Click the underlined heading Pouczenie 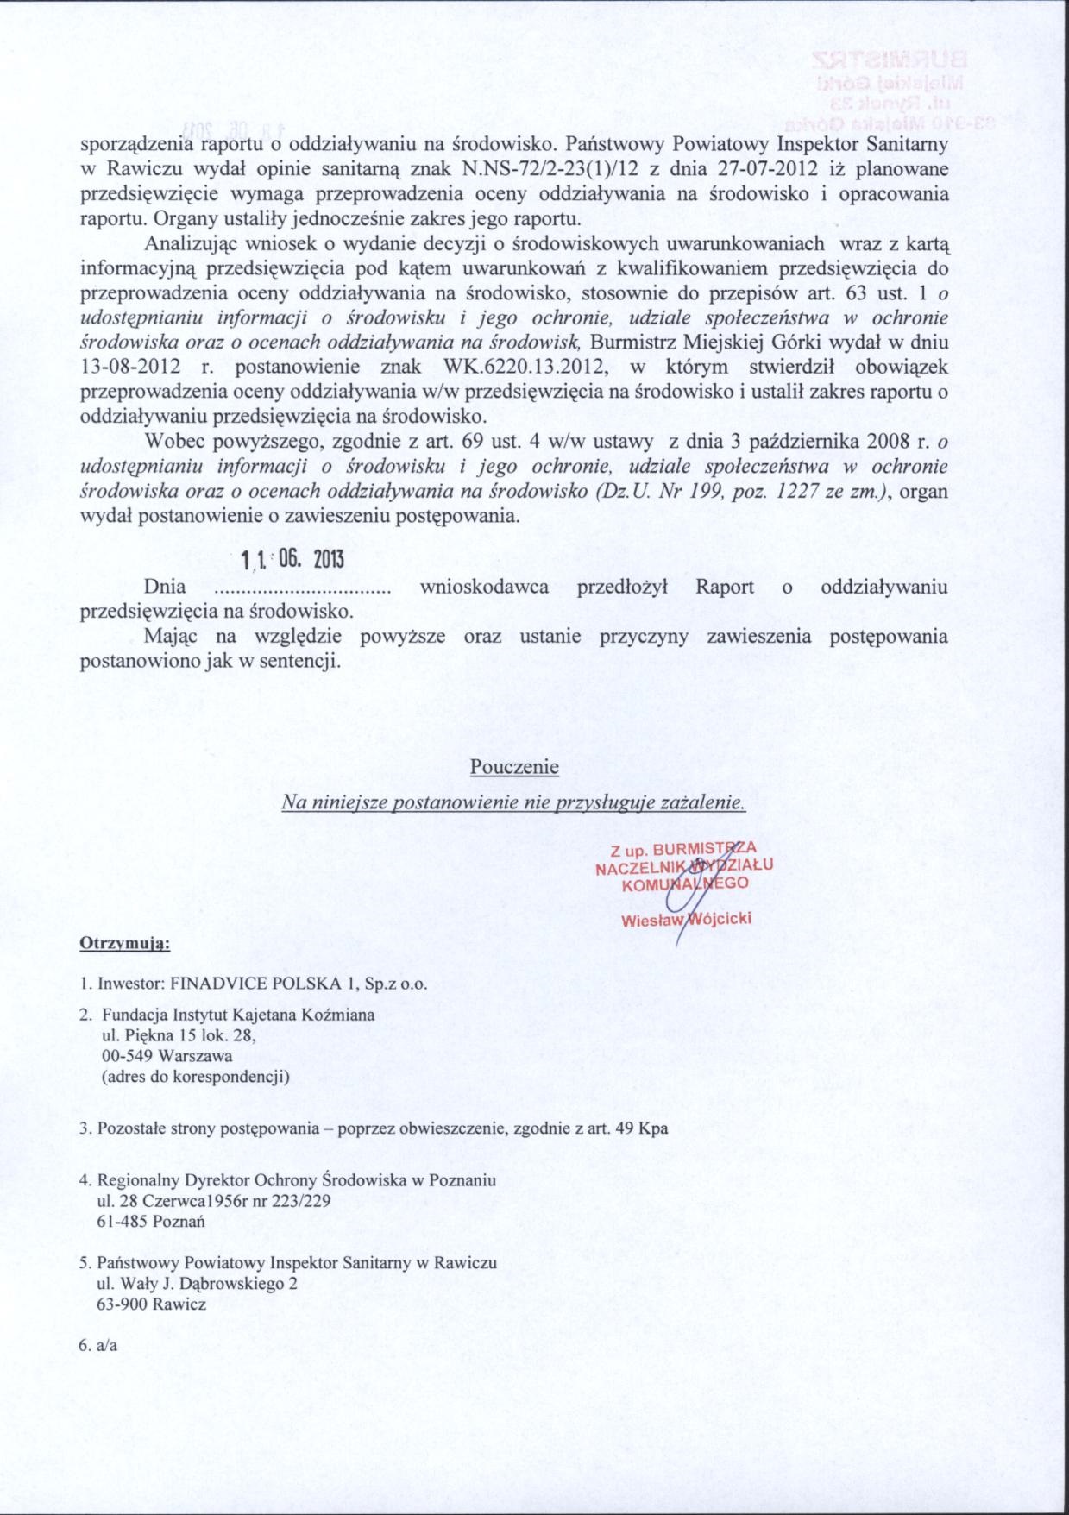pos(514,766)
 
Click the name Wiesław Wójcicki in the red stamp pos(687,919)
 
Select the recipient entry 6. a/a pos(98,1345)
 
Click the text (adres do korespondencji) pos(196,1076)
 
